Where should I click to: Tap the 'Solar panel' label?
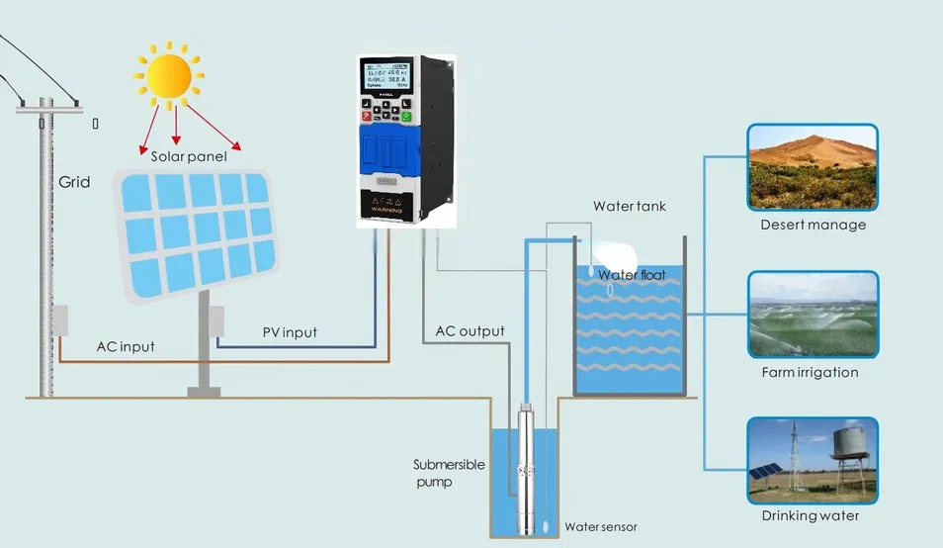pyautogui.click(x=189, y=155)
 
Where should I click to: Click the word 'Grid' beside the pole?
pyautogui.click(x=74, y=182)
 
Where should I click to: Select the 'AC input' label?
pyautogui.click(x=126, y=347)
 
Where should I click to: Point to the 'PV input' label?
pyautogui.click(x=290, y=332)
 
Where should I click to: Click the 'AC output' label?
pyautogui.click(x=470, y=331)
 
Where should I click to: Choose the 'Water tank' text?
pyautogui.click(x=630, y=207)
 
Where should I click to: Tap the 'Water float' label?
pyautogui.click(x=633, y=275)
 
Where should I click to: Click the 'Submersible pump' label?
pyautogui.click(x=447, y=473)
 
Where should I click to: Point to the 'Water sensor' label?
pyautogui.click(x=601, y=526)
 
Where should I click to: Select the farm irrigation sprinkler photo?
pyautogui.click(x=813, y=315)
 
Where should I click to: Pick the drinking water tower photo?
pyautogui.click(x=813, y=459)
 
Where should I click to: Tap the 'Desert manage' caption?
pyautogui.click(x=813, y=225)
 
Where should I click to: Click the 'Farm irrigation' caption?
pyautogui.click(x=810, y=373)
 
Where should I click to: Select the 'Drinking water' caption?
pyautogui.click(x=810, y=515)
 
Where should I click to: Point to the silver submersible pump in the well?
pyautogui.click(x=525, y=465)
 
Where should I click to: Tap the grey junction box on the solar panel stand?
pyautogui.click(x=215, y=320)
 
